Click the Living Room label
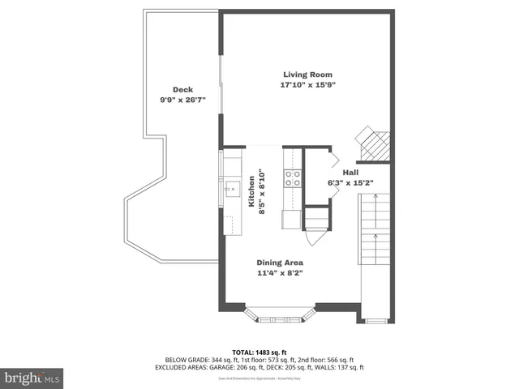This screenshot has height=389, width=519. coord(307,75)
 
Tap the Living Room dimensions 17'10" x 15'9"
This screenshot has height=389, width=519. coord(307,84)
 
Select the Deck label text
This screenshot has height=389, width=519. coord(182,90)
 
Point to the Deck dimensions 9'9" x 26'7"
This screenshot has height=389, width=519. coord(182,100)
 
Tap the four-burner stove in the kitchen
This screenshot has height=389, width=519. coord(292,177)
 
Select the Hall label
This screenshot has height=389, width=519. coord(350,173)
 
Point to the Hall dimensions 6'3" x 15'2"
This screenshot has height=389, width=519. coord(350,182)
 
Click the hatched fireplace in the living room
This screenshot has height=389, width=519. coord(374,144)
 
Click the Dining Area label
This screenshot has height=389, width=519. coord(280,263)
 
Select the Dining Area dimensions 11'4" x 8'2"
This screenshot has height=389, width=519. coord(280,273)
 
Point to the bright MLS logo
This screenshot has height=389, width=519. coord(32,377)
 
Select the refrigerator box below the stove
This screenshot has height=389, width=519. coord(291,219)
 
